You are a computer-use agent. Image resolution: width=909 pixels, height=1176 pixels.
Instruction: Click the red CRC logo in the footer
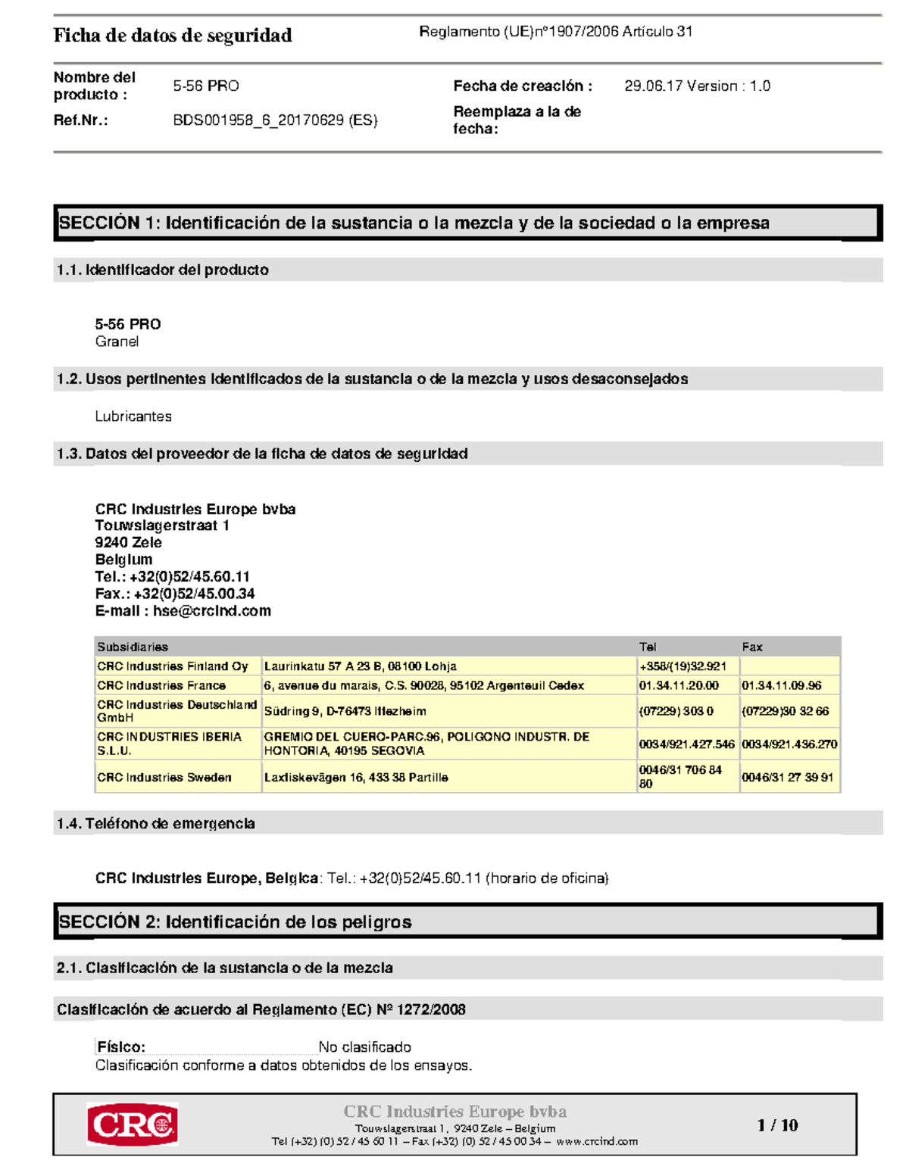[133, 1125]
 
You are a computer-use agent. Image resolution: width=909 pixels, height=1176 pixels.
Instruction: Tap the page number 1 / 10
[777, 1125]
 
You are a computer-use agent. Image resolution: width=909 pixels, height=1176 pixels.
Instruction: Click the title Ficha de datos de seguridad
[173, 36]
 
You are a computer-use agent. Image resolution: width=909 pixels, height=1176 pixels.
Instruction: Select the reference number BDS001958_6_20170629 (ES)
[275, 120]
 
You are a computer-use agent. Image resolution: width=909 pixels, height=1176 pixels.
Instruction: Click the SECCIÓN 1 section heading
[414, 223]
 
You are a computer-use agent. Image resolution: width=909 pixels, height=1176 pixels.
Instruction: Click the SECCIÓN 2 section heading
[235, 922]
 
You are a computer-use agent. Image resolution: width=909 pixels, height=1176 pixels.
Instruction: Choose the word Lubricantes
[133, 416]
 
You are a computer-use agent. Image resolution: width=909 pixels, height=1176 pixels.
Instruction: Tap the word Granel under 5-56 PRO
[117, 342]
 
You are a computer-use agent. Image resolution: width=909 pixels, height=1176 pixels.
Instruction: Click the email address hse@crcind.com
[212, 611]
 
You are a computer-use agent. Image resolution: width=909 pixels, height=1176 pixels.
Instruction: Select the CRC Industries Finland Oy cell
[173, 666]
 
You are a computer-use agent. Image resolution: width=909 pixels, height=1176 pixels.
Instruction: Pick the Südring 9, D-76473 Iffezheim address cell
[345, 711]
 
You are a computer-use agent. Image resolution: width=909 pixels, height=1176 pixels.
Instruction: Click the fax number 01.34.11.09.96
[781, 685]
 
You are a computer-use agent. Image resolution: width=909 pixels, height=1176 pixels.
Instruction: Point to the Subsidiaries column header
[133, 647]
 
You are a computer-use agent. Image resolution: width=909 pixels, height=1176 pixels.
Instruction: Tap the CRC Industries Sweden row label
[164, 778]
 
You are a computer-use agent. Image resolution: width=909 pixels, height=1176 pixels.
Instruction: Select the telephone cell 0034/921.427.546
[686, 744]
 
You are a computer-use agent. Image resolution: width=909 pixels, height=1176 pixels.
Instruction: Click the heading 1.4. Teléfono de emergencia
[155, 823]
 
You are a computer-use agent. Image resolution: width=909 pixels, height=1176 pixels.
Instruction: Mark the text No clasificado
[364, 1047]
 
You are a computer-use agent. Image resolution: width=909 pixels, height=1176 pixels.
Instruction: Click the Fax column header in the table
[752, 647]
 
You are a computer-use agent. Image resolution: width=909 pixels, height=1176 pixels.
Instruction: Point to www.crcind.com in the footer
[597, 1141]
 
